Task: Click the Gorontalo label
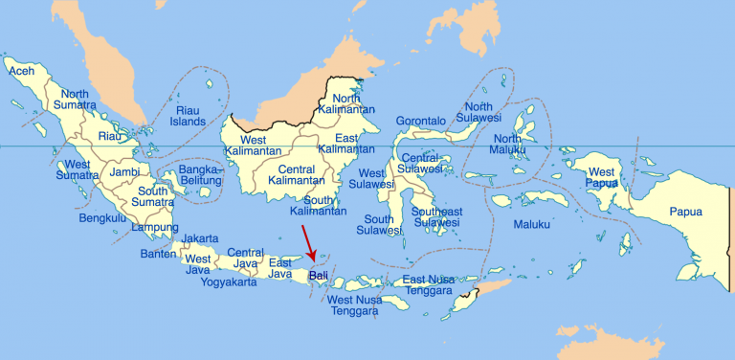click(421, 122)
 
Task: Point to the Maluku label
click(532, 224)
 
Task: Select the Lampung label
click(154, 227)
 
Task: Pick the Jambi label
click(124, 172)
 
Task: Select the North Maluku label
click(507, 145)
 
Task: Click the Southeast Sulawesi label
click(437, 217)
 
